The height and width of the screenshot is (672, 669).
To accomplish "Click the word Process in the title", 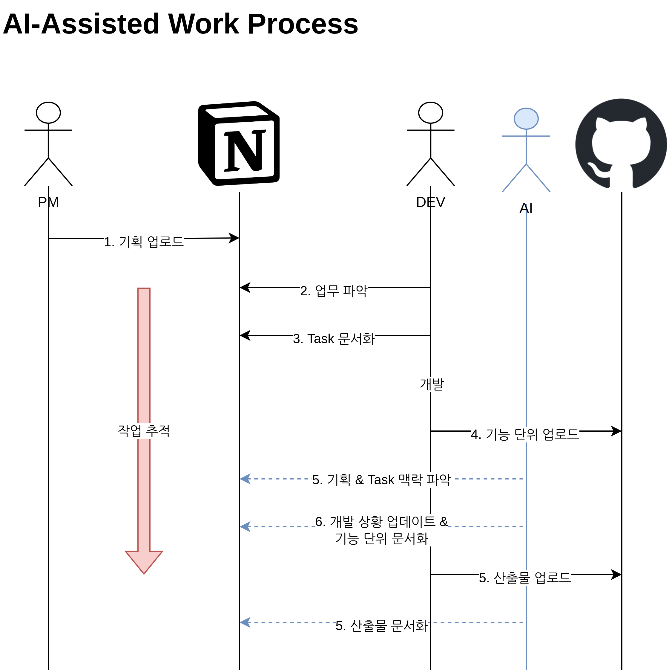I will pyautogui.click(x=302, y=24).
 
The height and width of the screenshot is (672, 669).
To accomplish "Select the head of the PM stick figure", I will pyautogui.click(x=48, y=113).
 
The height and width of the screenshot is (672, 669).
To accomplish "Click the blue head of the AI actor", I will pyautogui.click(x=526, y=119).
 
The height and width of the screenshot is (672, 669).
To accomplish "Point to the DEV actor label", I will pyautogui.click(x=430, y=202).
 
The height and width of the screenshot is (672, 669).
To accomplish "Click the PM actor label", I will pyautogui.click(x=48, y=202).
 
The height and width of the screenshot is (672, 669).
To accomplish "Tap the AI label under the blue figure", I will pyautogui.click(x=526, y=208).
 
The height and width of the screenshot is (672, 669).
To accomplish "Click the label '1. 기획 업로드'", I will pyautogui.click(x=144, y=242).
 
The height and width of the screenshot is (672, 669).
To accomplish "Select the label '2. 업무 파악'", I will pyautogui.click(x=334, y=291).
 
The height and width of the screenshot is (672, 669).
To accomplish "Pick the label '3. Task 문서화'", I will pyautogui.click(x=334, y=338).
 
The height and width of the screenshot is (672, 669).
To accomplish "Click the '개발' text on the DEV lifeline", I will pyautogui.click(x=432, y=384).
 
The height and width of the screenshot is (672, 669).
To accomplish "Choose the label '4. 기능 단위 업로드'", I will pyautogui.click(x=525, y=434).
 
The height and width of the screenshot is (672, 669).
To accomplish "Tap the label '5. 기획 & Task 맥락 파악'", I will pyautogui.click(x=381, y=480).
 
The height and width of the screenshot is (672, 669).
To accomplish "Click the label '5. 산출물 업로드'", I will pyautogui.click(x=525, y=578).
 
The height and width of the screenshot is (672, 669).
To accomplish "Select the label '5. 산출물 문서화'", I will pyautogui.click(x=381, y=625).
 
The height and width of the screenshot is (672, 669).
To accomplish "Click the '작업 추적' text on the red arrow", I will pyautogui.click(x=144, y=430).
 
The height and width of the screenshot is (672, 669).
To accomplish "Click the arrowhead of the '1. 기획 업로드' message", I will pyautogui.click(x=234, y=238).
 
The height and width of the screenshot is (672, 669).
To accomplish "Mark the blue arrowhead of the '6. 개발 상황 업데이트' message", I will pyautogui.click(x=245, y=527).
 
